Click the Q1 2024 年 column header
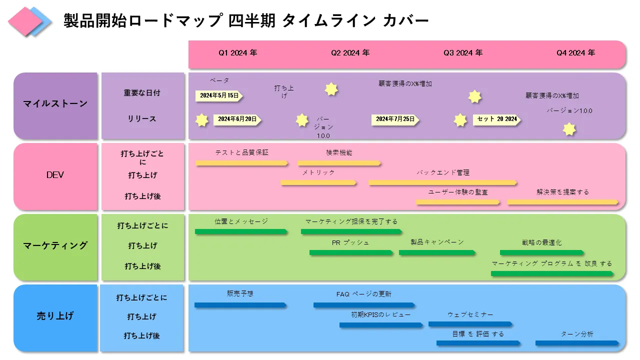click(x=237, y=53)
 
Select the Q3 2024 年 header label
click(x=463, y=53)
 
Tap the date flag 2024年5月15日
click(x=219, y=95)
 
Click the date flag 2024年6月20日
click(x=237, y=119)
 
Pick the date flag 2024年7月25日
click(x=395, y=119)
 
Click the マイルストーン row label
click(x=55, y=104)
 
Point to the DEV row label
click(x=55, y=175)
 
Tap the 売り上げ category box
click(x=55, y=316)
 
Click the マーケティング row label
click(x=55, y=245)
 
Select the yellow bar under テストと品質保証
click(x=241, y=163)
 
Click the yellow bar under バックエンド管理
click(x=442, y=183)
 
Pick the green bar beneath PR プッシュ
click(x=350, y=252)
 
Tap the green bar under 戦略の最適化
click(x=541, y=252)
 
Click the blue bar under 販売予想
click(x=240, y=305)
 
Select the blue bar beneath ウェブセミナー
click(x=470, y=324)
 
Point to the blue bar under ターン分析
click(x=577, y=343)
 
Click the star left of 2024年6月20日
click(x=202, y=120)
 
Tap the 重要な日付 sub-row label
click(x=142, y=93)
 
